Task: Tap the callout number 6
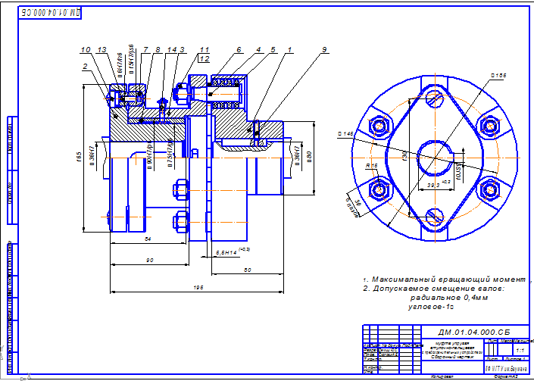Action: [x=238, y=49]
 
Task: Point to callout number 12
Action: [x=205, y=58]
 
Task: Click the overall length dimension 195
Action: [x=198, y=287]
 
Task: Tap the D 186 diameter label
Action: [x=498, y=75]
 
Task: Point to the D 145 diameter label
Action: [x=345, y=134]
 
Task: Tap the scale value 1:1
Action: [x=518, y=351]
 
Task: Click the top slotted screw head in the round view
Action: [x=433, y=96]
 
